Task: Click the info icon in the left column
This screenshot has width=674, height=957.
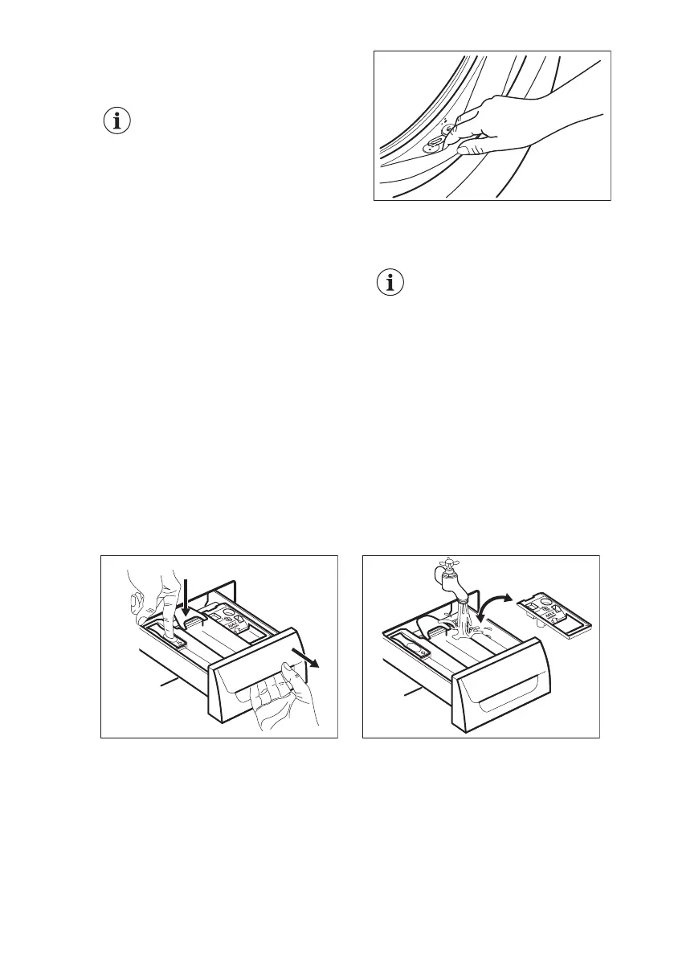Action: [x=118, y=122]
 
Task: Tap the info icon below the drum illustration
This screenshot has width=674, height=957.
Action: [x=390, y=284]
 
